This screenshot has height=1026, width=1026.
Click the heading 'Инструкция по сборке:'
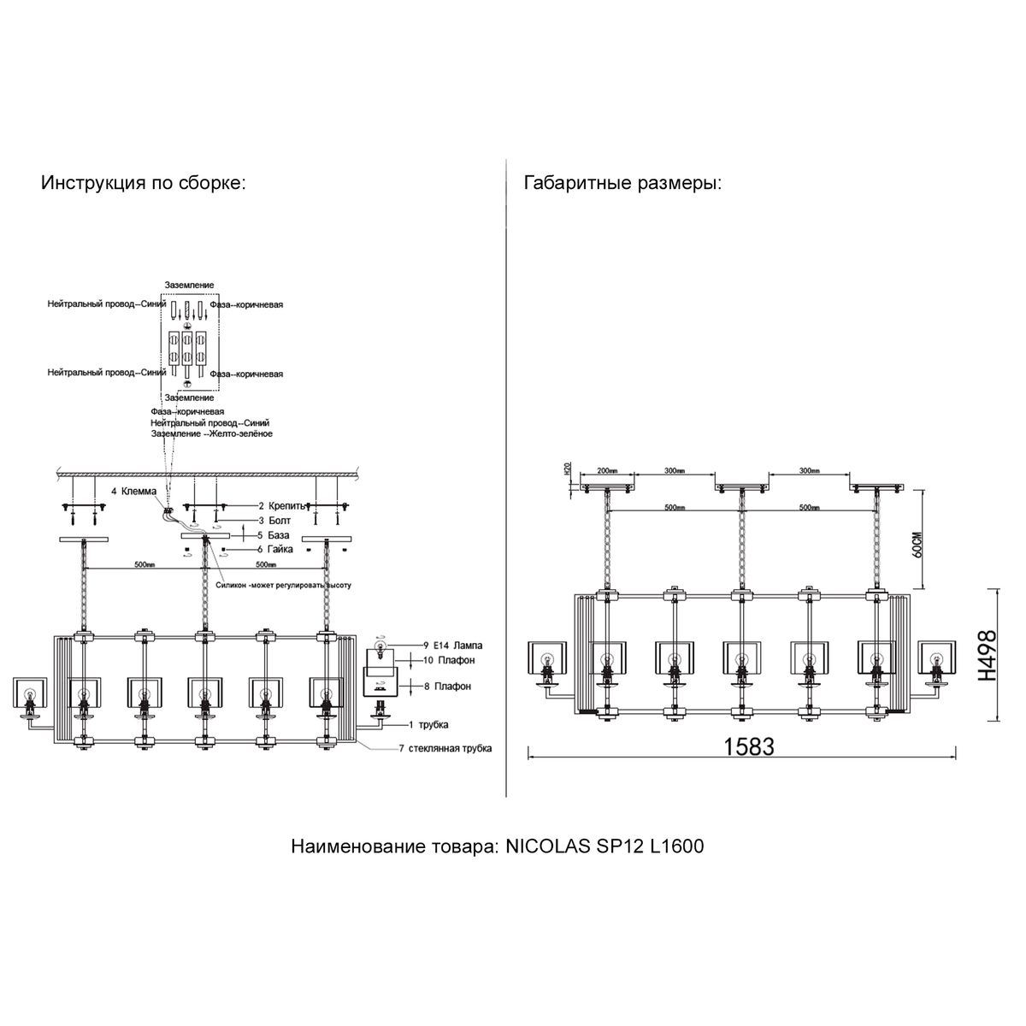[143, 184]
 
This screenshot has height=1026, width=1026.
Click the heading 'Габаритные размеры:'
[622, 184]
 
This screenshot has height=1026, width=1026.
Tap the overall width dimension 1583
[748, 746]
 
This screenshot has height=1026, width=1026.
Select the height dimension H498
[988, 655]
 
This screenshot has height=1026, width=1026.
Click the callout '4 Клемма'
[133, 492]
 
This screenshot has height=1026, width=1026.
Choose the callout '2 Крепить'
[279, 506]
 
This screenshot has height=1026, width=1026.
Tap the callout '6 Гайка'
[275, 549]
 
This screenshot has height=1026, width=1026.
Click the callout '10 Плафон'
[448, 660]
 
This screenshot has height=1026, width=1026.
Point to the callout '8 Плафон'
[446, 686]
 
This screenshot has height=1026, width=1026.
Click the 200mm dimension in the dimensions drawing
[607, 471]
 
